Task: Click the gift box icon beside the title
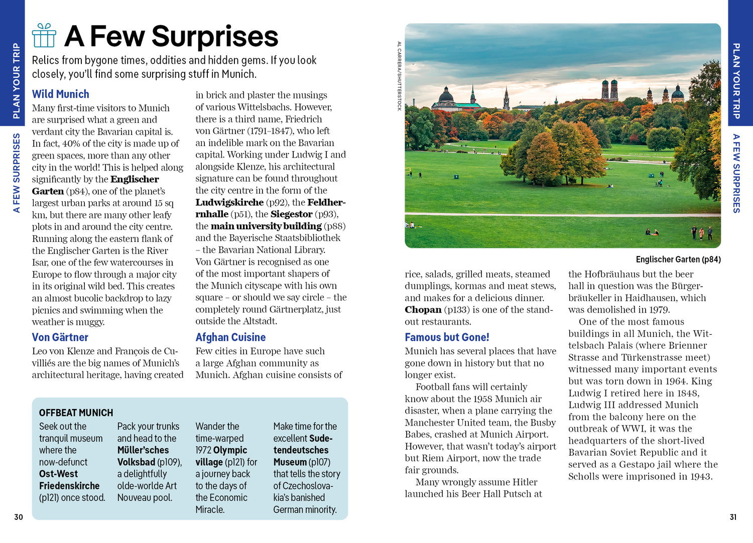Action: [44, 36]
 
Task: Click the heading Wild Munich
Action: [60, 94]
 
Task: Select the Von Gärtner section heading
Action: [60, 337]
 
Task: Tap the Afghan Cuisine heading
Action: [230, 337]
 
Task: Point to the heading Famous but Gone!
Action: [447, 337]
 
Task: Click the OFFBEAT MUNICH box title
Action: [76, 413]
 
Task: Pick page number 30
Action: [19, 517]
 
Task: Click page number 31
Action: [733, 517]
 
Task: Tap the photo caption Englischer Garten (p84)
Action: [678, 259]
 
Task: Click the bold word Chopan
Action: [423, 310]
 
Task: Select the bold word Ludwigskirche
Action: [229, 202]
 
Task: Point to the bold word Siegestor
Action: [291, 214]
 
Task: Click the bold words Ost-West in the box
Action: [58, 474]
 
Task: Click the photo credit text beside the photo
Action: [400, 76]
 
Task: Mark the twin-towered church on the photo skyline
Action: [609, 89]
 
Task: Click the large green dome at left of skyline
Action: [446, 95]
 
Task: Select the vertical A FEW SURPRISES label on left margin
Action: [17, 173]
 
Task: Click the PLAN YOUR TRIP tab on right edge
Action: [736, 80]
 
